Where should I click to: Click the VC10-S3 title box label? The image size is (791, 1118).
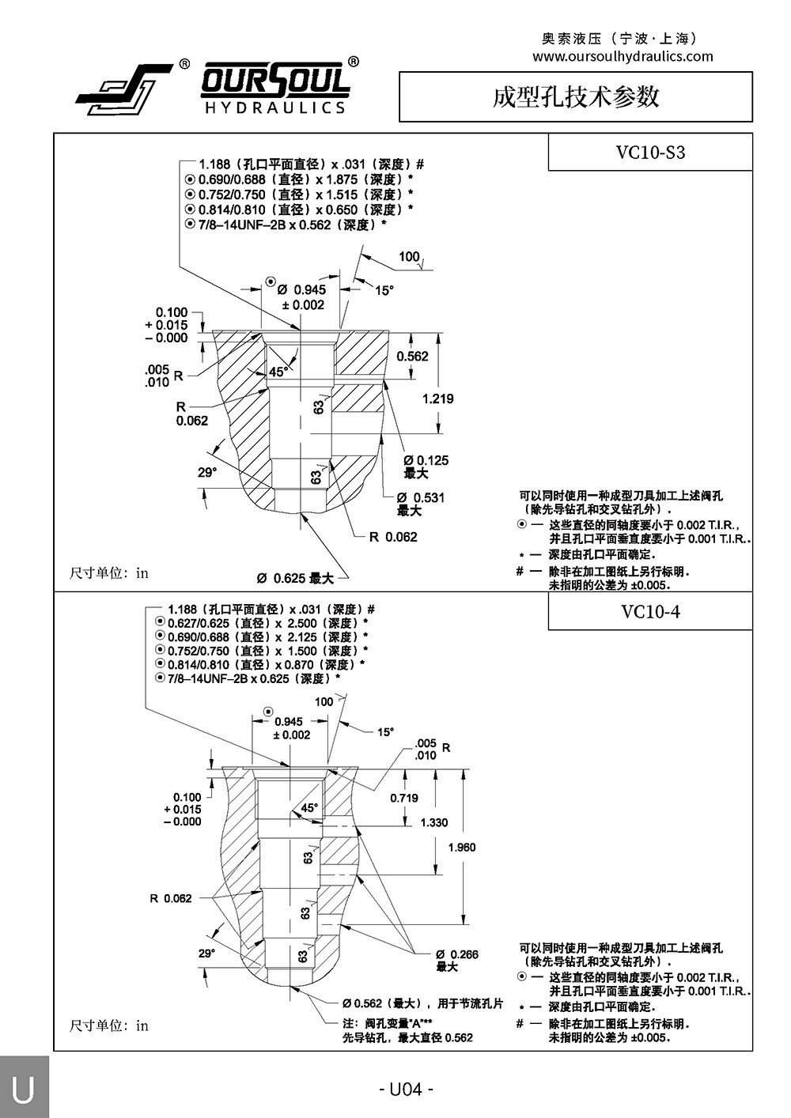(x=650, y=153)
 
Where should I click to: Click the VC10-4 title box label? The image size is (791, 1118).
(x=650, y=611)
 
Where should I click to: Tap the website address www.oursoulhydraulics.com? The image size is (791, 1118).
(x=623, y=56)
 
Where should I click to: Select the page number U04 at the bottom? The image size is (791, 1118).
(x=407, y=1089)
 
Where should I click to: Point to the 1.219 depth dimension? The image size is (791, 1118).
(x=437, y=398)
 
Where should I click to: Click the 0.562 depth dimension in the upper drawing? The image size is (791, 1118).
(x=412, y=356)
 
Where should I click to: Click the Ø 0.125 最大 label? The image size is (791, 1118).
(x=426, y=466)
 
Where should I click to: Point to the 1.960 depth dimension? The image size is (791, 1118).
(x=462, y=848)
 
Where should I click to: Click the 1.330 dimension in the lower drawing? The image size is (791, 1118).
(x=434, y=822)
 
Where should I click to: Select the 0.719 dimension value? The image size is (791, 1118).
(x=404, y=798)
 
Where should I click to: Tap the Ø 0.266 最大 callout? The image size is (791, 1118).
(x=456, y=960)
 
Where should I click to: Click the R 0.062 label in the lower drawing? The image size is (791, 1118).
(x=171, y=898)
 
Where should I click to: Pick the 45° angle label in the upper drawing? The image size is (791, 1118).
(x=278, y=371)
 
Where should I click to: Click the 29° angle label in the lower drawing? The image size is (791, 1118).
(x=206, y=954)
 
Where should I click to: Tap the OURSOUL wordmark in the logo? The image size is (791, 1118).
(x=275, y=81)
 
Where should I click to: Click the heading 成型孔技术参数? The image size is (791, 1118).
(x=575, y=96)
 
